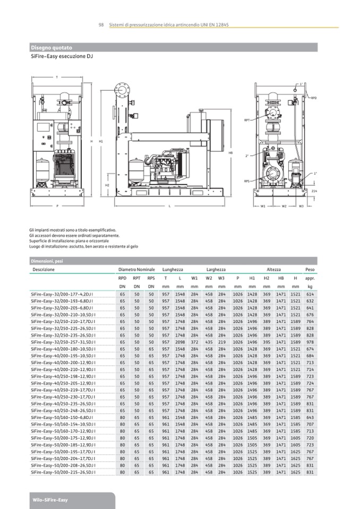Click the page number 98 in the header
(101, 25)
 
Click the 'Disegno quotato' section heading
(51, 47)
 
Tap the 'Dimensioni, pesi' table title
(47, 261)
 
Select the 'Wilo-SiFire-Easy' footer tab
(49, 500)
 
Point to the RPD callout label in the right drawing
(314, 98)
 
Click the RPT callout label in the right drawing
(247, 120)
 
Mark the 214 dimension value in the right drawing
(314, 191)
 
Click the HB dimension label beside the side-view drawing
(230, 153)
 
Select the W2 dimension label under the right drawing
(284, 205)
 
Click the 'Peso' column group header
(310, 270)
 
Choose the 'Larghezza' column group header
(207, 270)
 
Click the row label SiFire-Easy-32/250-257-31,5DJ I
(62, 342)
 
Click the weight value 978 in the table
(310, 342)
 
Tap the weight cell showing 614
(310, 294)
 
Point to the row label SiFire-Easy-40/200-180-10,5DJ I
(62, 349)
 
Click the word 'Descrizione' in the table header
(44, 270)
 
